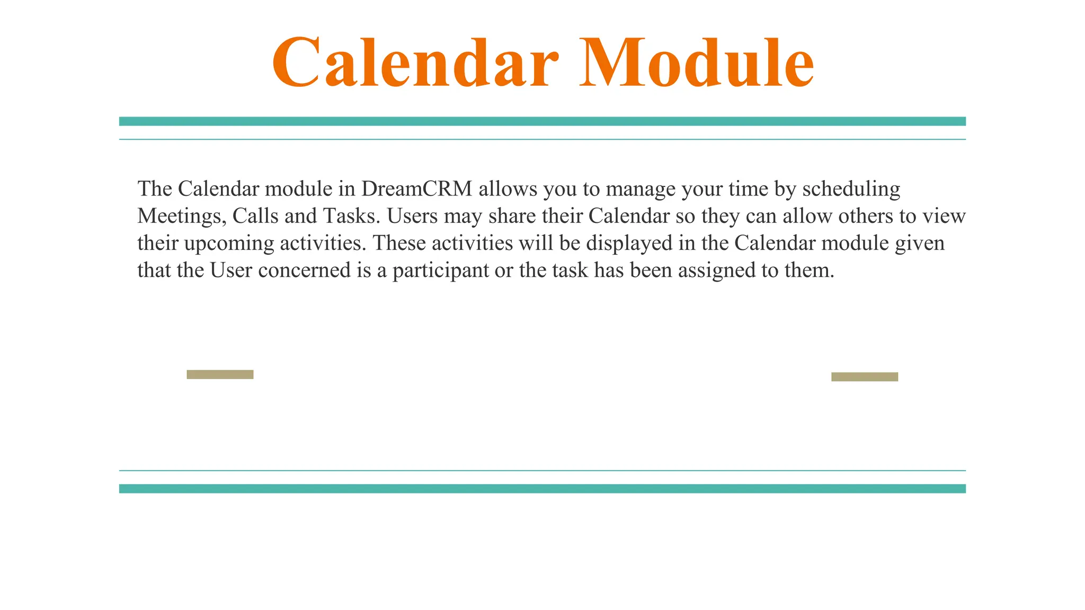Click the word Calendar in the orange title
pos(415,63)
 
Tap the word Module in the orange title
pos(696,63)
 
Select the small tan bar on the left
pos(220,374)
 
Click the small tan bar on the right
pos(864,376)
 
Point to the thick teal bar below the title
pos(542,121)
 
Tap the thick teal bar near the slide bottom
pos(542,488)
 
